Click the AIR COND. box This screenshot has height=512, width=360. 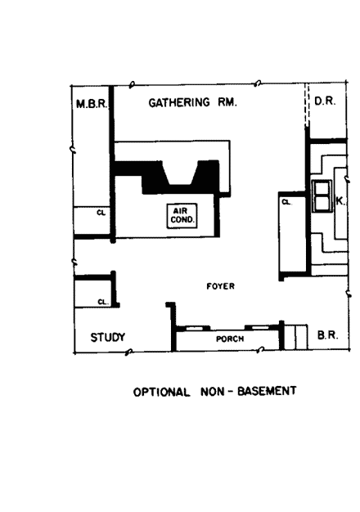point(179,214)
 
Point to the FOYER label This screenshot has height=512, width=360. point(221,286)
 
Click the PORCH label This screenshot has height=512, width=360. point(230,338)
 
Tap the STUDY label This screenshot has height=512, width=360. point(106,336)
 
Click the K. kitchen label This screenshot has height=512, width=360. point(342,199)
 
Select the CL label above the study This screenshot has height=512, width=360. point(102,302)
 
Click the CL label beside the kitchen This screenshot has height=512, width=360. point(286,202)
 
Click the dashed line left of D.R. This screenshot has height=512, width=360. point(307,110)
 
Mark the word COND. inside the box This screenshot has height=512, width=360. point(179,218)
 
